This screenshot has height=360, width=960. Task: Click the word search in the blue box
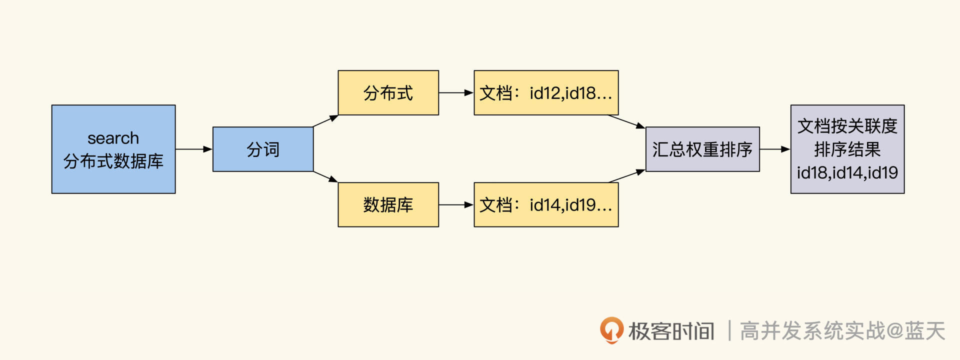pyautogui.click(x=113, y=138)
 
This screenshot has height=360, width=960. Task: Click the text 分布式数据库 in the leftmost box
pyautogui.click(x=113, y=161)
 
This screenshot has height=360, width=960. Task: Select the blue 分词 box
pyautogui.click(x=263, y=149)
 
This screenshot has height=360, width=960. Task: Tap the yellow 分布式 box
pyautogui.click(x=388, y=93)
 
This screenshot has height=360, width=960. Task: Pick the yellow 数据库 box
pyautogui.click(x=388, y=204)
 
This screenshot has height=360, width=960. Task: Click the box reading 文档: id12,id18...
pyautogui.click(x=546, y=93)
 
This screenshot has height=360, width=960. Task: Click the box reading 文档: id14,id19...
pyautogui.click(x=546, y=204)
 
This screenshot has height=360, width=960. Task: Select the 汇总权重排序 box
pyautogui.click(x=702, y=149)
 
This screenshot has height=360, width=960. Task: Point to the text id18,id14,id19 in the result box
pyautogui.click(x=847, y=173)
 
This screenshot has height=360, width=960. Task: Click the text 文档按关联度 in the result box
pyautogui.click(x=847, y=126)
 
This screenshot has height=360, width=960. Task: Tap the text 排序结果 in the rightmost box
pyautogui.click(x=847, y=149)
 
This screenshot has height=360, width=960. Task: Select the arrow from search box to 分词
pyautogui.click(x=194, y=149)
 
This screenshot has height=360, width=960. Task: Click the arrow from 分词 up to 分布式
pyautogui.click(x=325, y=121)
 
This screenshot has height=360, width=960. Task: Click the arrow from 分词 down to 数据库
pyautogui.click(x=325, y=176)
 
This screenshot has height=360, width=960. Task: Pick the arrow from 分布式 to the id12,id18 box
pyautogui.click(x=456, y=92)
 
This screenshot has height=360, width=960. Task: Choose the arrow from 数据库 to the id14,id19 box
pyautogui.click(x=456, y=204)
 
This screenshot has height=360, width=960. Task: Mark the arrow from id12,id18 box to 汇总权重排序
pyautogui.click(x=626, y=121)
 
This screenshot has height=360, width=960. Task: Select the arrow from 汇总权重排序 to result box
pyautogui.click(x=775, y=149)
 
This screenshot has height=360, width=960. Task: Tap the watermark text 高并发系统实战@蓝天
pyautogui.click(x=842, y=331)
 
